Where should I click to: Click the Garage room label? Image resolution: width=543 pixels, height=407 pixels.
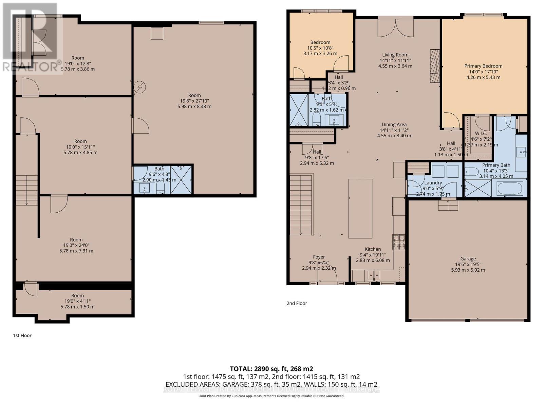[x=468, y=258]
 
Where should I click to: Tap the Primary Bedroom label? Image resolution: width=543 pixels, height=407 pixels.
[x=483, y=66]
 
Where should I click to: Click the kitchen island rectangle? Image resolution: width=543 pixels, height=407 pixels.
[x=360, y=208]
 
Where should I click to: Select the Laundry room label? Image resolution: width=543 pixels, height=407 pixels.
[x=433, y=183]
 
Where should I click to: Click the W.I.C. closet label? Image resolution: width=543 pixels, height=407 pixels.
[x=481, y=133]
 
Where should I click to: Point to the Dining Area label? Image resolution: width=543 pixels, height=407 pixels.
[x=394, y=124]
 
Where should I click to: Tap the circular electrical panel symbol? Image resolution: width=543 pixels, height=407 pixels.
[x=140, y=88]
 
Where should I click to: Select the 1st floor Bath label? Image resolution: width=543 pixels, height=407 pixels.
[x=159, y=169]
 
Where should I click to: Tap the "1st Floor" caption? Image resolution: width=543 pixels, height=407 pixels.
[x=22, y=335]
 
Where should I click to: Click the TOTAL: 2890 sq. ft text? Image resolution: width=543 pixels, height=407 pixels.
[x=271, y=369]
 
